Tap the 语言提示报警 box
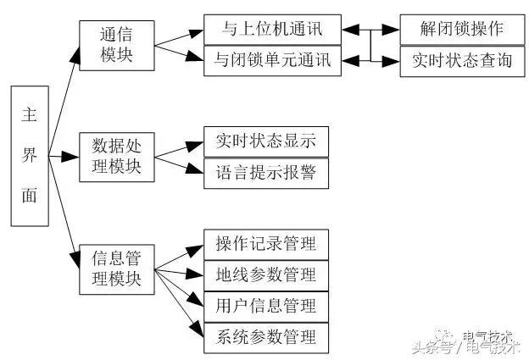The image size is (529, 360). (x=264, y=172)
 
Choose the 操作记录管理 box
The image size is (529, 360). (x=264, y=244)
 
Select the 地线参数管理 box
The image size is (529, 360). (x=264, y=274)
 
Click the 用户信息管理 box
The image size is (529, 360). (x=264, y=305)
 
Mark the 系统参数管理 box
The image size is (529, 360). (x=264, y=336)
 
